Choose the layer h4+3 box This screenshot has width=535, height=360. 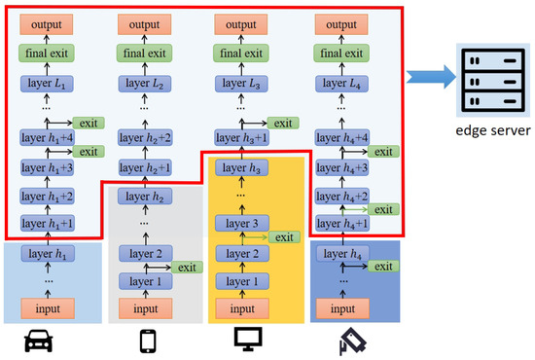[x=337, y=168]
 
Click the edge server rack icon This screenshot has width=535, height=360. [x=487, y=72]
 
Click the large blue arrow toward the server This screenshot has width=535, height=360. [x=429, y=73]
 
